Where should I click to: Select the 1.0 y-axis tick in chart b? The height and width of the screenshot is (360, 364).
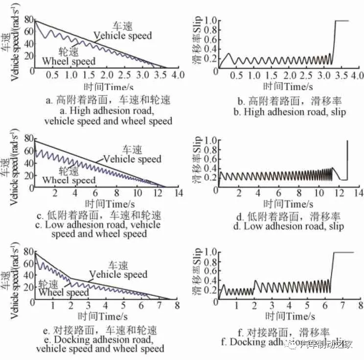[210, 21]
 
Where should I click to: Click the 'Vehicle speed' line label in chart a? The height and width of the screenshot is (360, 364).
[123, 36]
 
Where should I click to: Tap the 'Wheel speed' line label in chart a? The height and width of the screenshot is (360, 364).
[69, 61]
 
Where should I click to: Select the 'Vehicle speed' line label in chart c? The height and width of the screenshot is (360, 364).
[132, 159]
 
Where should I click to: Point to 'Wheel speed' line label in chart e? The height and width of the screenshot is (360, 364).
[64, 293]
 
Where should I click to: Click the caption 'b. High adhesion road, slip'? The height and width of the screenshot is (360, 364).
[291, 112]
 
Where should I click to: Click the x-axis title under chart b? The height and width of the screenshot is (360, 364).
[288, 86]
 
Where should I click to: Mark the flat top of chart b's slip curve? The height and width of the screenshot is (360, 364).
[341, 21]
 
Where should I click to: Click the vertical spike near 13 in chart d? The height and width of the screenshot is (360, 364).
[347, 159]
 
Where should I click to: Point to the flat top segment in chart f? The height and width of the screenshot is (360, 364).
[342, 252]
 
